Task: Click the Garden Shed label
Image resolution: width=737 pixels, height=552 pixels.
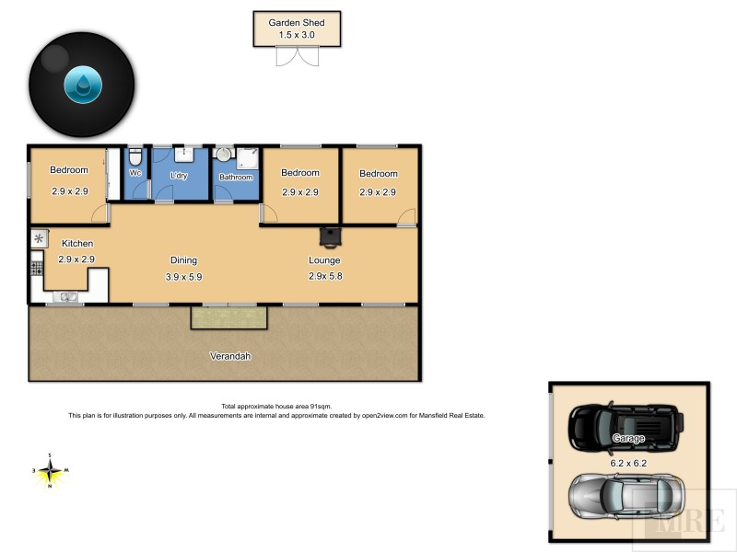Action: (x=297, y=23)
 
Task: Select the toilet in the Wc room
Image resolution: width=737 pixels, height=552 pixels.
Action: (x=135, y=156)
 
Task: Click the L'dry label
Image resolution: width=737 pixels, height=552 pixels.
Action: (x=179, y=174)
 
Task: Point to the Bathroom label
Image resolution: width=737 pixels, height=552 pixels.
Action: (x=236, y=177)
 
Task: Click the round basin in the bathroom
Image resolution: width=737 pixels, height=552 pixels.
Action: (x=224, y=155)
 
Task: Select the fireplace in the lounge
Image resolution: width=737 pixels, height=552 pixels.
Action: (x=329, y=237)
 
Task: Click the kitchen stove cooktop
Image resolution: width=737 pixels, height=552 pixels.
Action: (x=38, y=269)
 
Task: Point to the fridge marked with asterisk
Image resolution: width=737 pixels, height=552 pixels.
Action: (x=39, y=238)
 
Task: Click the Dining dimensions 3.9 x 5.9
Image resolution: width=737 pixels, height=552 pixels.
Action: (x=183, y=276)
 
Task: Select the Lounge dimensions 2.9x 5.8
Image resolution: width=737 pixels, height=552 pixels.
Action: (x=325, y=276)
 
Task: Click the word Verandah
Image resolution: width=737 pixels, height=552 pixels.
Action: (x=230, y=356)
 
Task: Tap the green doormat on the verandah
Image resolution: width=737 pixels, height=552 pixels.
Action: (x=229, y=318)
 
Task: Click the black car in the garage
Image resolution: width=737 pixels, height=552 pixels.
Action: (x=626, y=424)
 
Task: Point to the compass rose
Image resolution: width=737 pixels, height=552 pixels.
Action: (x=51, y=471)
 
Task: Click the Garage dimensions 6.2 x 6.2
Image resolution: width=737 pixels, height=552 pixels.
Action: (x=629, y=464)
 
